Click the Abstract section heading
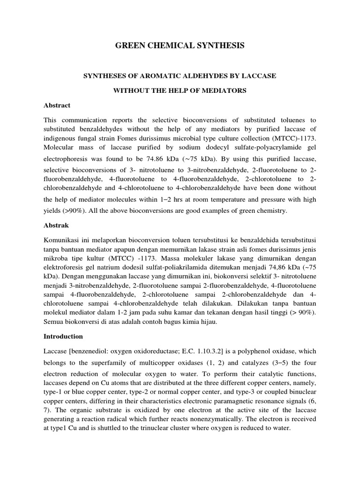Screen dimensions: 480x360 tap(57, 105)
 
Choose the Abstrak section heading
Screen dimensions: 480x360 tap(56, 225)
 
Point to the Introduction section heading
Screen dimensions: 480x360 tap(63, 336)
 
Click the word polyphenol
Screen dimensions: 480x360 tap(257, 352)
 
